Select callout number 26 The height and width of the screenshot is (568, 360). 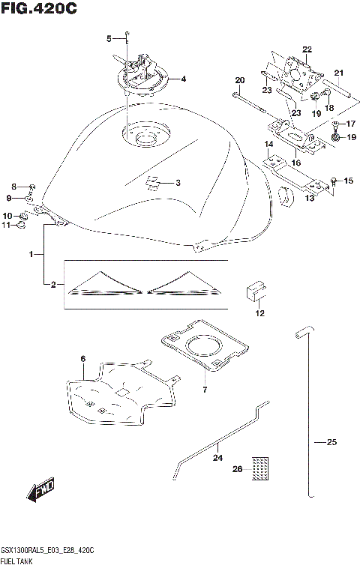(237, 469)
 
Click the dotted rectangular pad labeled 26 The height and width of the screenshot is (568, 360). (259, 469)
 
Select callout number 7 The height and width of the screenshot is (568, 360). (204, 389)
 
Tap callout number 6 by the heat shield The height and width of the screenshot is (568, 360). (82, 360)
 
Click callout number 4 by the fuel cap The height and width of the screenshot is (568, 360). (183, 79)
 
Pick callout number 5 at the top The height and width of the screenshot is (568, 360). (109, 38)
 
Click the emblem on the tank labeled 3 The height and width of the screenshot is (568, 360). (152, 182)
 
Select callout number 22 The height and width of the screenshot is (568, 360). (306, 50)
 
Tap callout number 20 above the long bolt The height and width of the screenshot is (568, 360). (240, 80)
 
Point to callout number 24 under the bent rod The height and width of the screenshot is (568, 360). (218, 457)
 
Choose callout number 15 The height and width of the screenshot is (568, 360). (347, 181)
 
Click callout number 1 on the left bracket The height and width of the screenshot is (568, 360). (32, 256)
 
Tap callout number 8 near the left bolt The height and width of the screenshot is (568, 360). (13, 186)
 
